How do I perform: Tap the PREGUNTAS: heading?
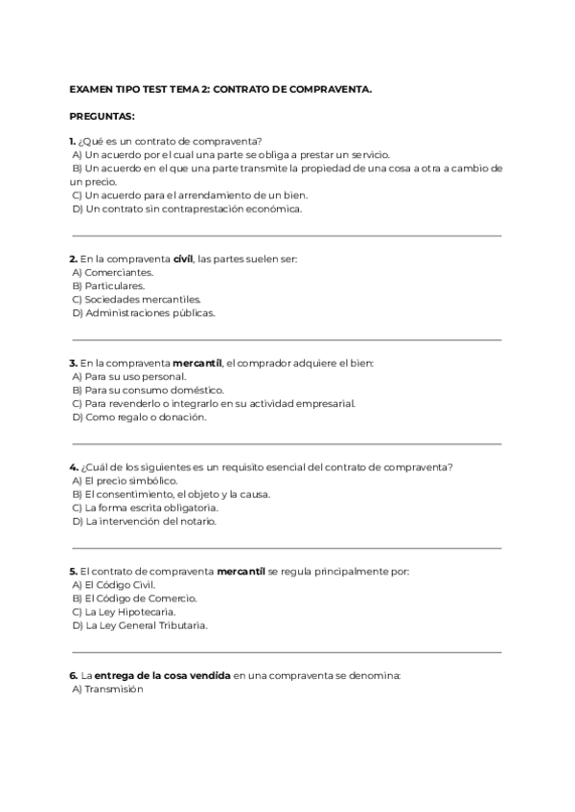coord(103,116)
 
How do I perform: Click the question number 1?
coord(73,141)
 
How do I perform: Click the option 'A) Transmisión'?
coord(107,688)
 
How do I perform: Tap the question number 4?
coord(73,467)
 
